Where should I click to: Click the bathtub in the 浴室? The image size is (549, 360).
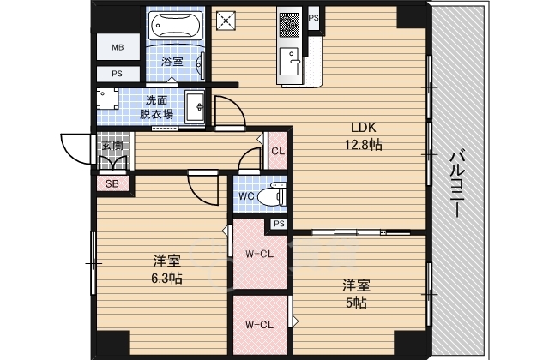176,25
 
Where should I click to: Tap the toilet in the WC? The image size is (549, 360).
272,195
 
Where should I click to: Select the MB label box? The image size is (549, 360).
118,47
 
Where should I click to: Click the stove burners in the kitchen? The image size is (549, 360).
289,23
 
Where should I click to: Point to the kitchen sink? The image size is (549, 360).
289,62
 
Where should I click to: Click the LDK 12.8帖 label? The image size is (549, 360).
364,135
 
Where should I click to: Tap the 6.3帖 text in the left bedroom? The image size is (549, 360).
166,279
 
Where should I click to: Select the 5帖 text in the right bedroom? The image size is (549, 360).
357,303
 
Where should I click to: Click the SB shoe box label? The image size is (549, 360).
112,183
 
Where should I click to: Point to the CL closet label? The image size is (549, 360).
278,151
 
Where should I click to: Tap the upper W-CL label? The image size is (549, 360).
259,254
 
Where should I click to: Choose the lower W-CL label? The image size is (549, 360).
259,325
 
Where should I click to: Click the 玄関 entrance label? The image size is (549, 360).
112,145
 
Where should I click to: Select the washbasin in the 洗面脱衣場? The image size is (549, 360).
195,106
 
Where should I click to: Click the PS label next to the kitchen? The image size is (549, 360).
314,17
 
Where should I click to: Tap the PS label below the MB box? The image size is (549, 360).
118,74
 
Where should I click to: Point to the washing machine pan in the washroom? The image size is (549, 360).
107,99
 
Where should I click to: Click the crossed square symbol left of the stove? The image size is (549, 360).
226,21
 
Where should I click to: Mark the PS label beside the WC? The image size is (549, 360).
279,224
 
